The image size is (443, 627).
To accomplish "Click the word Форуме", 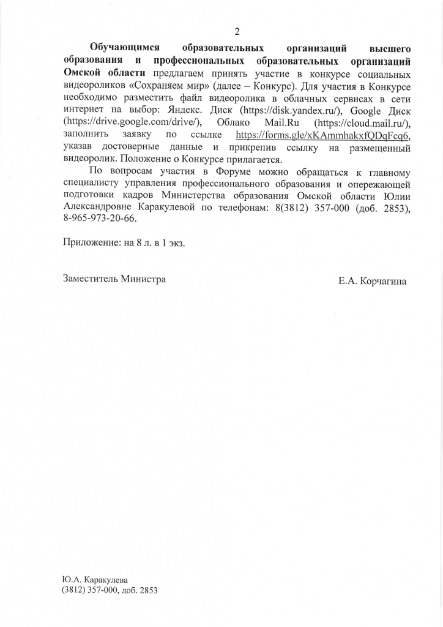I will tap(236, 173).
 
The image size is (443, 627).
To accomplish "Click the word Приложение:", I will tap(92, 243).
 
